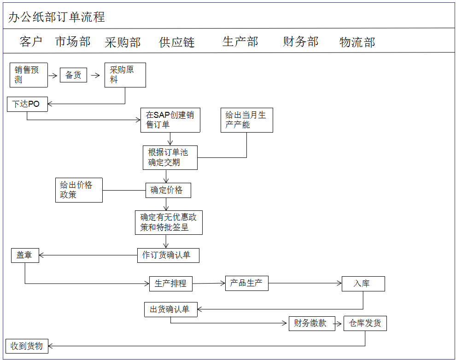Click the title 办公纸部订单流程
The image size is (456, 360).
click(57, 17)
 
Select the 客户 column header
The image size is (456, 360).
click(31, 42)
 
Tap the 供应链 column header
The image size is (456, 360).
click(177, 43)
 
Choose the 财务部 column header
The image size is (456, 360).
click(300, 42)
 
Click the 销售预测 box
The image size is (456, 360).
click(29, 75)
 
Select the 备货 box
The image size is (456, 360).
click(73, 75)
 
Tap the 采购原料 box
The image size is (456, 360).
click(125, 75)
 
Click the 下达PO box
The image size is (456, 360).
click(27, 104)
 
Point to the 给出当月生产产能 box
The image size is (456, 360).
click(246, 120)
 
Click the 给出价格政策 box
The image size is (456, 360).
click(79, 190)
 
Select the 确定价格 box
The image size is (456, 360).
click(168, 190)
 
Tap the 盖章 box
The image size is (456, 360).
click(25, 255)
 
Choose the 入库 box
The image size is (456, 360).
click(363, 284)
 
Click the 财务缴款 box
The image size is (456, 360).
click(311, 324)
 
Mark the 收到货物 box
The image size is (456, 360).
click(27, 346)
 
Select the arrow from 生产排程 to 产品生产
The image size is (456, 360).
click(209, 284)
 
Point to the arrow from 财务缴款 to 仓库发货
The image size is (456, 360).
click(339, 324)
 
